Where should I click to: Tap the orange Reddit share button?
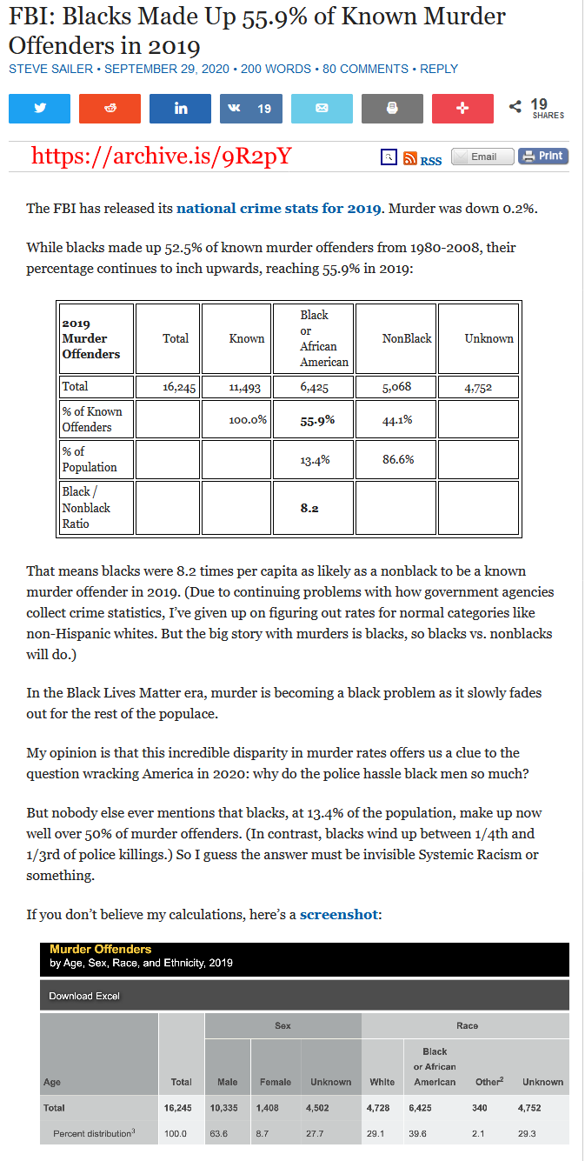pos(110,109)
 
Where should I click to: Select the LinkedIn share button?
pos(180,109)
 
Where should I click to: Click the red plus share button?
pos(462,109)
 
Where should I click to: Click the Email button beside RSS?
pos(482,157)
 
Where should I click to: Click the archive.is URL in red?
pos(161,156)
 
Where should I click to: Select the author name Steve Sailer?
pos(51,69)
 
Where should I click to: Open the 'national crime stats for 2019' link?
pos(278,209)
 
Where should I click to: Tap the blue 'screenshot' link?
pos(339,915)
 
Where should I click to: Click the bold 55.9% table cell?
pos(317,420)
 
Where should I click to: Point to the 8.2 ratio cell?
pos(309,508)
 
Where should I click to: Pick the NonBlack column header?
pos(407,338)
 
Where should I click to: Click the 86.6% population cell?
pos(398,459)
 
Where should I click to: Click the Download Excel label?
pos(84,996)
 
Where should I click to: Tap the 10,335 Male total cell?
pos(224,1108)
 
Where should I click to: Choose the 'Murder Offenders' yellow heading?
pos(100,950)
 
